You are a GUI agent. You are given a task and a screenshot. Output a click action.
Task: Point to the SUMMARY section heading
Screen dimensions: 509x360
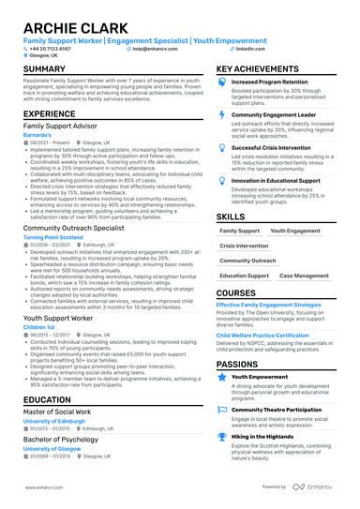[44, 70]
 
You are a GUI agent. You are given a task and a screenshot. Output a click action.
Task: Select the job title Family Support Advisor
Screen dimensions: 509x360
[63, 124]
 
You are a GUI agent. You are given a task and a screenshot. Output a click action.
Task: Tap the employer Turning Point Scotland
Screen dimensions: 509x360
[57, 238]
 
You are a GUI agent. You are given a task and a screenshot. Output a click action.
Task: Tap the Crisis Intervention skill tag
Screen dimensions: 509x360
[244, 246]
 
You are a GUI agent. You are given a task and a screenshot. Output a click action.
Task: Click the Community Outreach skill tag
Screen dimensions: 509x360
[248, 261]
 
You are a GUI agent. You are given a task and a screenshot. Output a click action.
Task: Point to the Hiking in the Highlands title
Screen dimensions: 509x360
[268, 437]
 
